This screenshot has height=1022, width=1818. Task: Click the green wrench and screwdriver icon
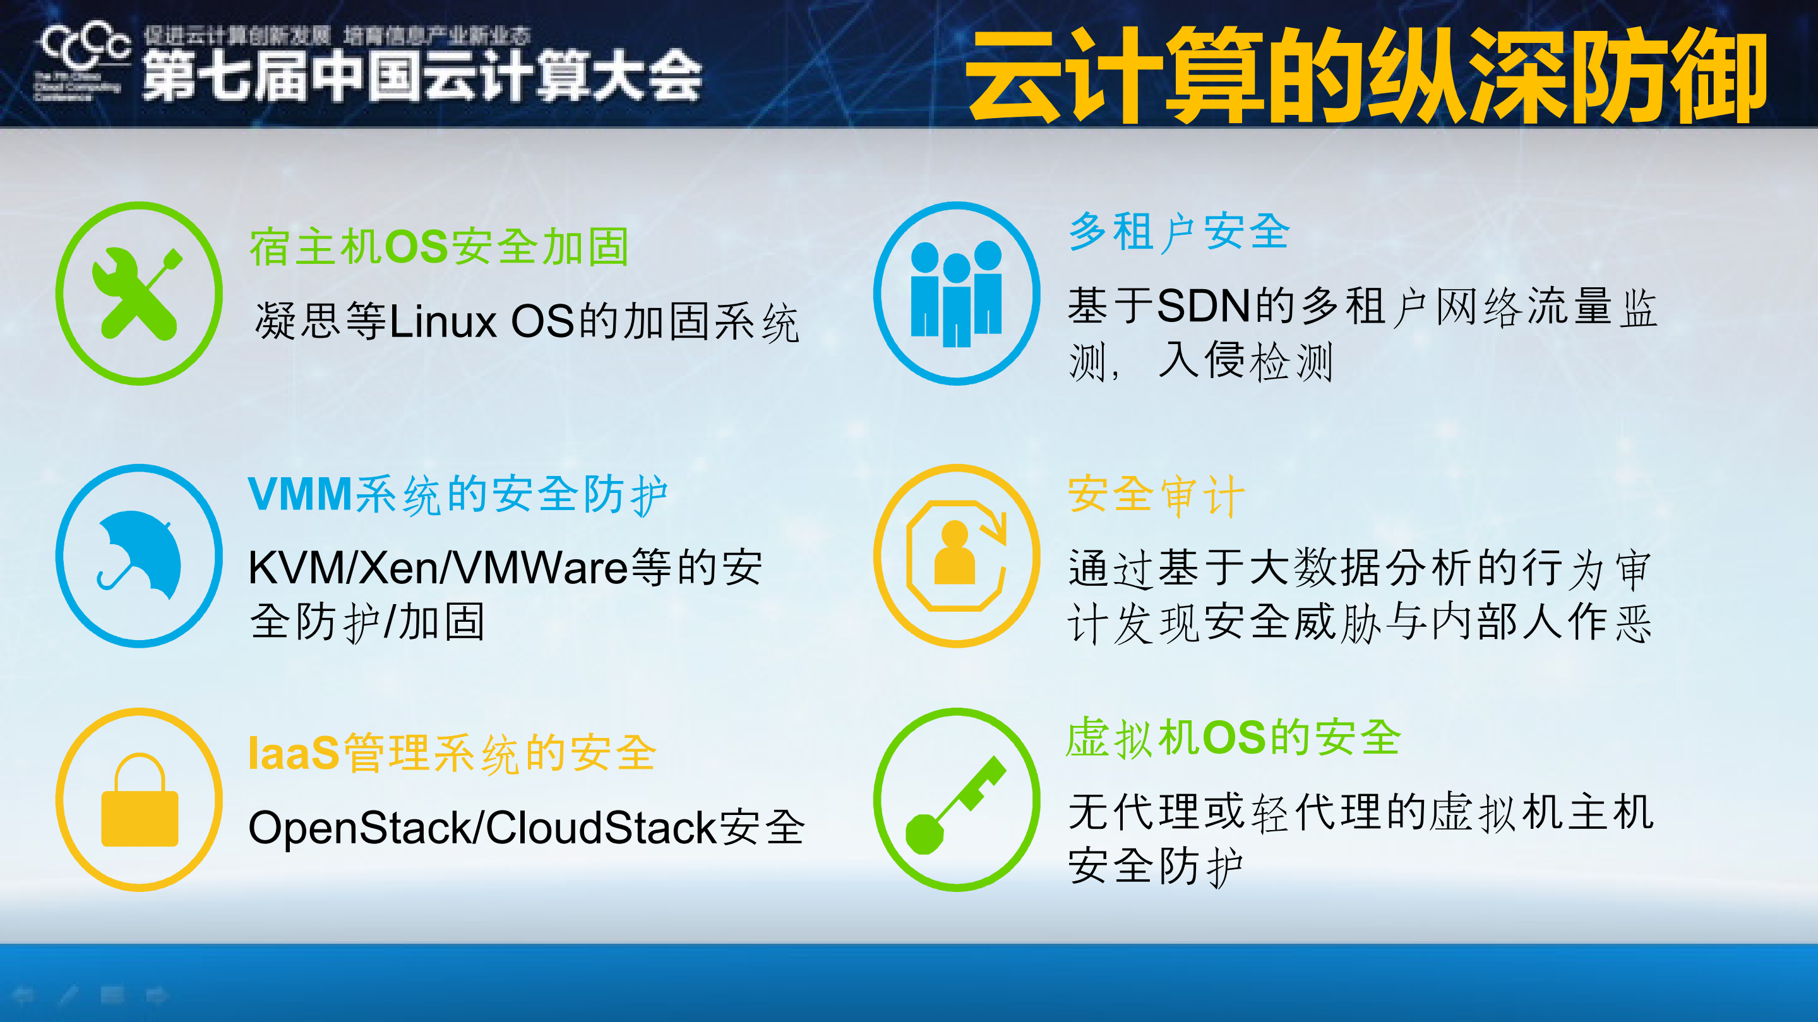pyautogui.click(x=139, y=294)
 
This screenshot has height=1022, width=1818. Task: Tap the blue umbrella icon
pyautogui.click(x=139, y=556)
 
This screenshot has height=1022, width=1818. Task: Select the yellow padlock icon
pyautogui.click(x=139, y=800)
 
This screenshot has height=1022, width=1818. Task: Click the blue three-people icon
pyautogui.click(x=956, y=294)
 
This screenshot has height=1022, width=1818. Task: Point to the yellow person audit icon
pyautogui.click(x=956, y=556)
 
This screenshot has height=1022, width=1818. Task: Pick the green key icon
pyautogui.click(x=956, y=800)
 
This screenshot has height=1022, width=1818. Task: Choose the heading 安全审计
pyautogui.click(x=1156, y=495)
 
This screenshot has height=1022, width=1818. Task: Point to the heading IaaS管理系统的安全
pyautogui.click(x=452, y=753)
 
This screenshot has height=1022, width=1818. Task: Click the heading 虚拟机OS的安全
pyautogui.click(x=1233, y=738)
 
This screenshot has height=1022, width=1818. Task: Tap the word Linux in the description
pyautogui.click(x=443, y=323)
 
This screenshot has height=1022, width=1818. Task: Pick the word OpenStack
pyautogui.click(x=359, y=828)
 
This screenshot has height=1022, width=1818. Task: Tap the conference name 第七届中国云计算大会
pyautogui.click(x=422, y=76)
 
